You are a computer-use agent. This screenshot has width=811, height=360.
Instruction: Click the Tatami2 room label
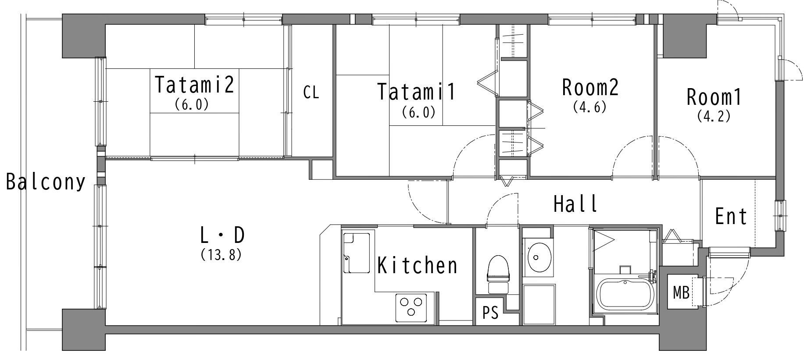click(x=194, y=85)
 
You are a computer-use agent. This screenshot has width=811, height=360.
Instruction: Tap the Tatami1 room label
click(x=417, y=92)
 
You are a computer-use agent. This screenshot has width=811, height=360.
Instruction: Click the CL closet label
click(x=311, y=92)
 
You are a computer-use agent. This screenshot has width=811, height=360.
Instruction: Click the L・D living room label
click(x=222, y=235)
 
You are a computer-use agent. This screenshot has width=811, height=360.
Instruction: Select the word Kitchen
click(x=417, y=265)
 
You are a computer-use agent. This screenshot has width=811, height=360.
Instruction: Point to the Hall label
click(x=575, y=203)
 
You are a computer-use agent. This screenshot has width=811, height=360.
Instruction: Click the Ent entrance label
click(x=731, y=216)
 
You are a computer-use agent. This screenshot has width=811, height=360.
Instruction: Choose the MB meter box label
click(x=681, y=292)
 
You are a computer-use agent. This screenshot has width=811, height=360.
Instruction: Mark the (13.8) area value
click(x=221, y=255)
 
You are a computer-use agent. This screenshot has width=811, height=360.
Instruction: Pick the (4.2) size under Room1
click(x=714, y=116)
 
